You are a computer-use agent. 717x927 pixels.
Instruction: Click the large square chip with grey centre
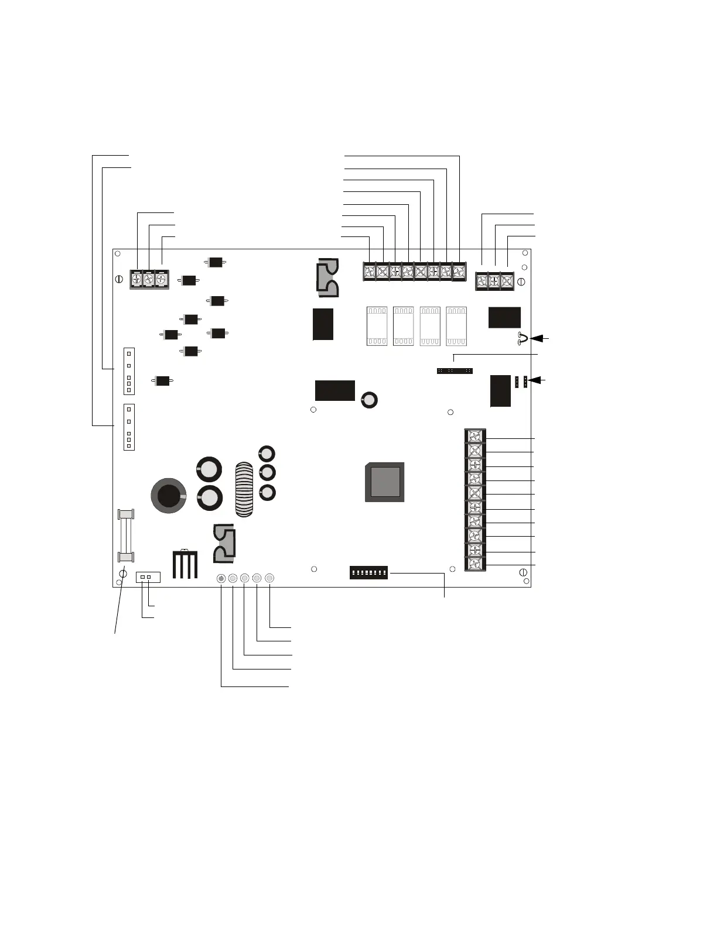(384, 482)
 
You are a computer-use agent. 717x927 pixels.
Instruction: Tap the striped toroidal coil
(244, 490)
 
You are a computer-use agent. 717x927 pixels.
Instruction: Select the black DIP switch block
(368, 572)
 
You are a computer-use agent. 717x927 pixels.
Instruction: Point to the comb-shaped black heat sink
(185, 564)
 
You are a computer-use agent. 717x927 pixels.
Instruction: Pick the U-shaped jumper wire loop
(523, 338)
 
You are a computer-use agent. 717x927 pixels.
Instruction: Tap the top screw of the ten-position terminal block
(475, 436)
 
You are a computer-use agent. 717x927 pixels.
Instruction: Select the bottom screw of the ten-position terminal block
(475, 564)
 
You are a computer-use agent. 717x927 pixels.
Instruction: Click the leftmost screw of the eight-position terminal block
(370, 272)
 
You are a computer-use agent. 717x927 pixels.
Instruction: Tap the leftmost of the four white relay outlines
(377, 326)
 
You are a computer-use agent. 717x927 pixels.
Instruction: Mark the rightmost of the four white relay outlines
(456, 326)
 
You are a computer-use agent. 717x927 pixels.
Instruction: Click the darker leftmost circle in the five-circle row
(221, 579)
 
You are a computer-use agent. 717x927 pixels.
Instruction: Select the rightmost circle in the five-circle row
(269, 579)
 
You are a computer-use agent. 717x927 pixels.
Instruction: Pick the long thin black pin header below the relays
(455, 371)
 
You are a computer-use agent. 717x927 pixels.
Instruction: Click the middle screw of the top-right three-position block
(494, 281)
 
